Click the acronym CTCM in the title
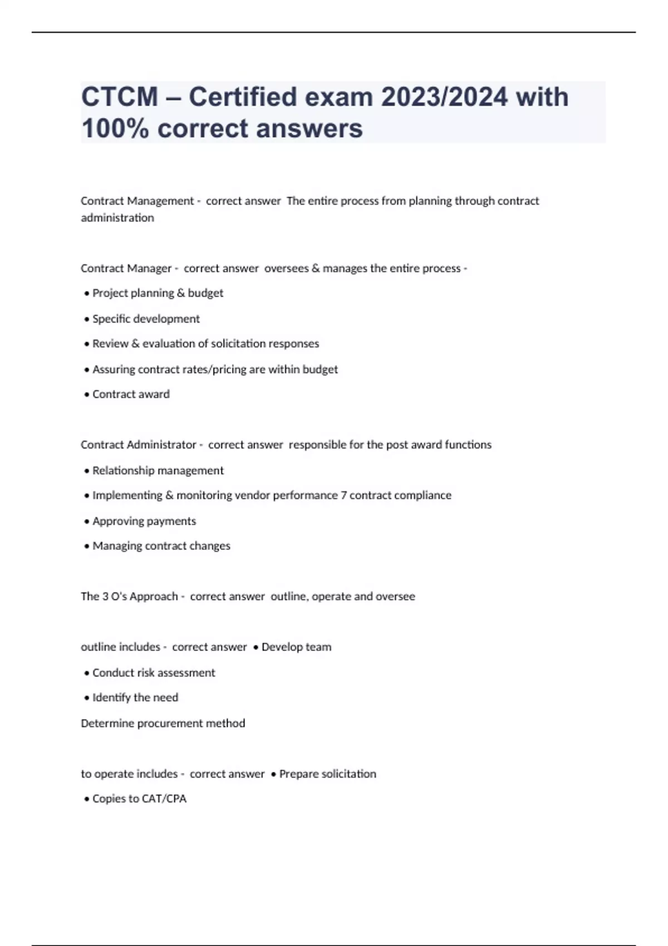point(120,97)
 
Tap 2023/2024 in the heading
point(444,97)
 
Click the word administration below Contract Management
point(117,218)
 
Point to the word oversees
point(286,268)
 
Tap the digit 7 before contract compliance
point(344,495)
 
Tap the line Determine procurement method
point(163,723)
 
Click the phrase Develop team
point(296,647)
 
